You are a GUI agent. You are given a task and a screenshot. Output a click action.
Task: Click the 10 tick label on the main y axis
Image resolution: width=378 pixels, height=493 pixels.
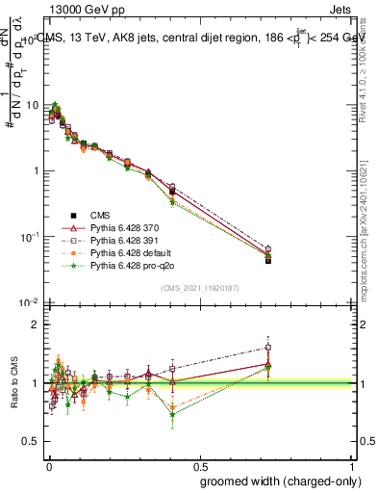pyautogui.click(x=34, y=105)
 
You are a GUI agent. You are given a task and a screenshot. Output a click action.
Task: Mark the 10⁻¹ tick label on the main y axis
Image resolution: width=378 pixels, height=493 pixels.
pyautogui.click(x=31, y=237)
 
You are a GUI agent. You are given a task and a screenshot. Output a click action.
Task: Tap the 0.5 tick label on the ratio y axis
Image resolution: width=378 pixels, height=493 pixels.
pyautogui.click(x=34, y=441)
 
